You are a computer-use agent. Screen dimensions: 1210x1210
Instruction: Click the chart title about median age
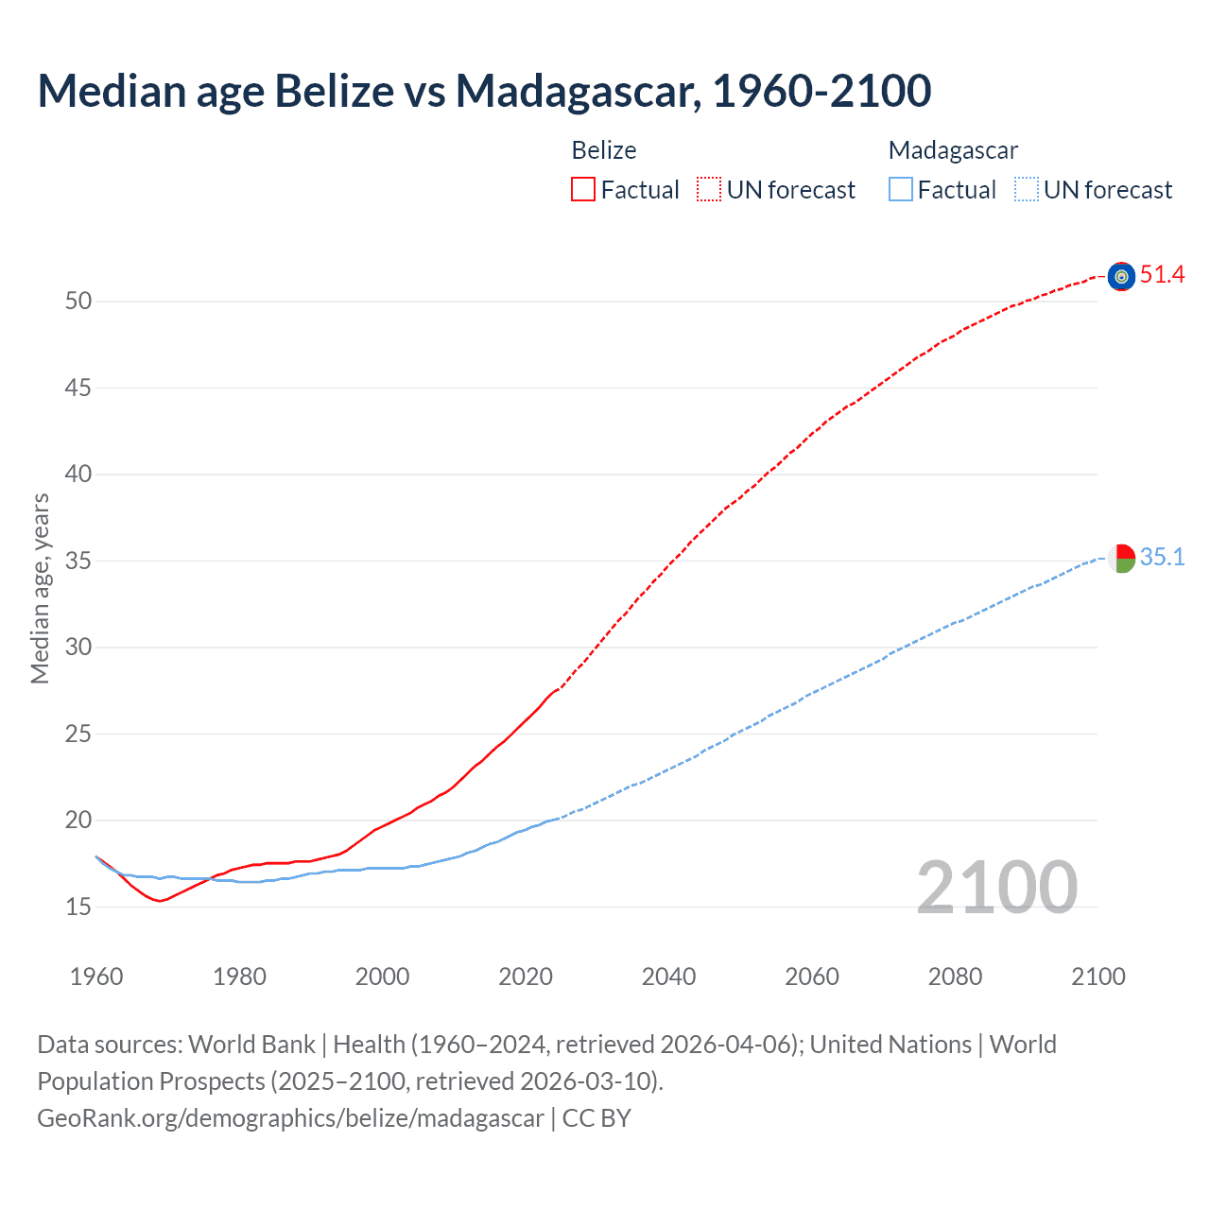pyautogui.click(x=484, y=91)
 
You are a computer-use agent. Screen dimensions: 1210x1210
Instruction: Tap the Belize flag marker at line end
pyautogui.click(x=1121, y=276)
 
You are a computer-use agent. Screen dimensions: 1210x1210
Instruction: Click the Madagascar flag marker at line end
pyautogui.click(x=1121, y=559)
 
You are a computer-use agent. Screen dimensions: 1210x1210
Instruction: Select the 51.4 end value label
pyautogui.click(x=1162, y=275)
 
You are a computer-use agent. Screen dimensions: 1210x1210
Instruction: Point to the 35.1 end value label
pyautogui.click(x=1162, y=558)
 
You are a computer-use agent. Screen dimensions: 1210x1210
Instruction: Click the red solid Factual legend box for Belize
pyautogui.click(x=583, y=190)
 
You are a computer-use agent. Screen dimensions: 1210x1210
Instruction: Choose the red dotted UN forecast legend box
pyautogui.click(x=709, y=190)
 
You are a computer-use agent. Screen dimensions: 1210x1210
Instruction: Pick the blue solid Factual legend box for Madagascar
pyautogui.click(x=901, y=190)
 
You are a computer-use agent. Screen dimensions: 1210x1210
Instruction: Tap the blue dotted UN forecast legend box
pyautogui.click(x=1026, y=190)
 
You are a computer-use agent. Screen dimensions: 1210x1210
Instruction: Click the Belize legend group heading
pyautogui.click(x=604, y=150)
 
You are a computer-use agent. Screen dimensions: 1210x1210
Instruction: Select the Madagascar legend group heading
pyautogui.click(x=953, y=150)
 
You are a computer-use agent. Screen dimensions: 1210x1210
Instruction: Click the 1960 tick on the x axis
pyautogui.click(x=96, y=977)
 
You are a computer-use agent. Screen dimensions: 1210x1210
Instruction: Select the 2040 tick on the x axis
pyautogui.click(x=668, y=977)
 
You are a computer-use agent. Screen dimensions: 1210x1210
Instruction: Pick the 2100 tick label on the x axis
pyautogui.click(x=1098, y=977)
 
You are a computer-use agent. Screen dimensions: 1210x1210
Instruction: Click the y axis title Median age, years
pyautogui.click(x=40, y=588)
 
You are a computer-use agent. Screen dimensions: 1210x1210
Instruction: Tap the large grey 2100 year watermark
pyautogui.click(x=996, y=888)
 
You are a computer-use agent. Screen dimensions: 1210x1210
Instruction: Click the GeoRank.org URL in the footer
pyautogui.click(x=290, y=1118)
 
